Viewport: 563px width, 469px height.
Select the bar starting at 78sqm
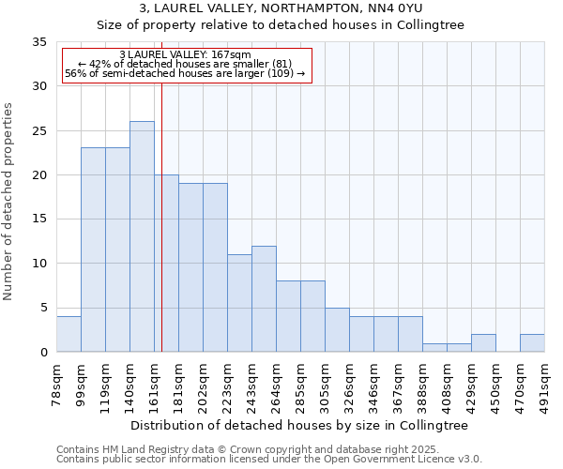click(68, 334)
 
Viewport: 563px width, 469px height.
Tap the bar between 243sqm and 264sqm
click(264, 298)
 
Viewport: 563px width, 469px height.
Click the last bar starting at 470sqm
click(532, 342)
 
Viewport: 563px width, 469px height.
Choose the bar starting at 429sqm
click(483, 342)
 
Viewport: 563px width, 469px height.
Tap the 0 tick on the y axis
click(43, 353)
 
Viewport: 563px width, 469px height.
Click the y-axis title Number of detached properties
click(9, 202)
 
